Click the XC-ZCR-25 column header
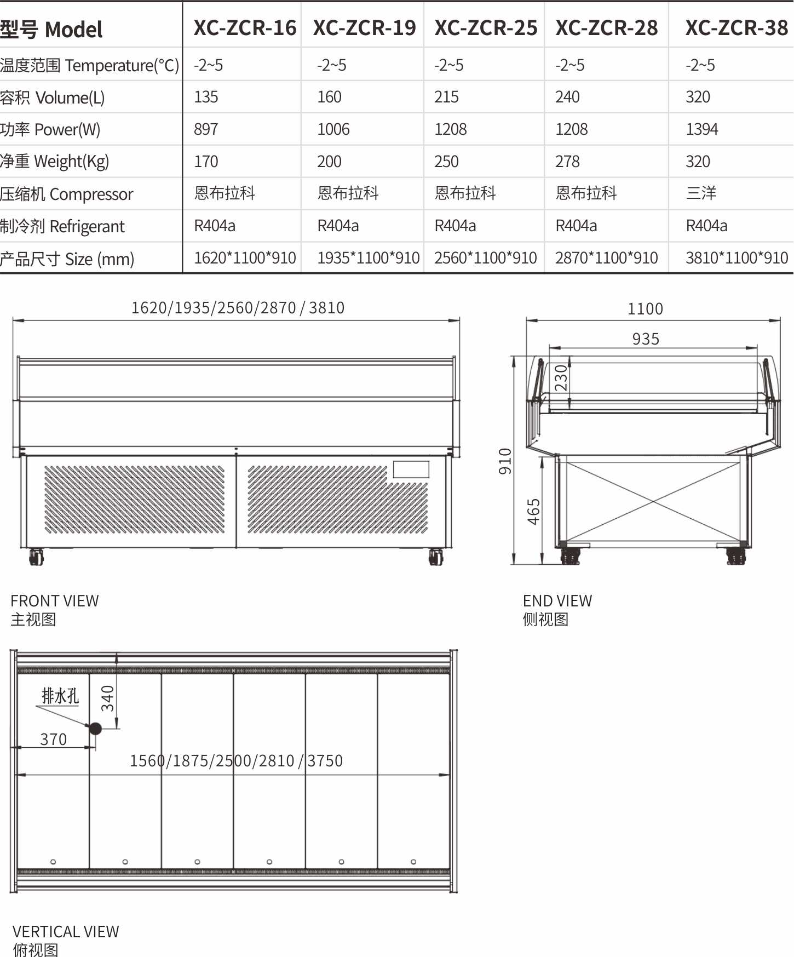pos(486,28)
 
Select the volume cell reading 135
pos(206,97)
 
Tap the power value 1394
pos(701,129)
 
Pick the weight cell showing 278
pos(567,162)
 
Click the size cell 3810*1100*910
pos(737,257)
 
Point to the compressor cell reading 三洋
pos(701,193)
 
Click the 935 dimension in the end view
pos(646,339)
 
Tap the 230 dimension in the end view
pos(561,377)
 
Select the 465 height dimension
pos(533,512)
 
